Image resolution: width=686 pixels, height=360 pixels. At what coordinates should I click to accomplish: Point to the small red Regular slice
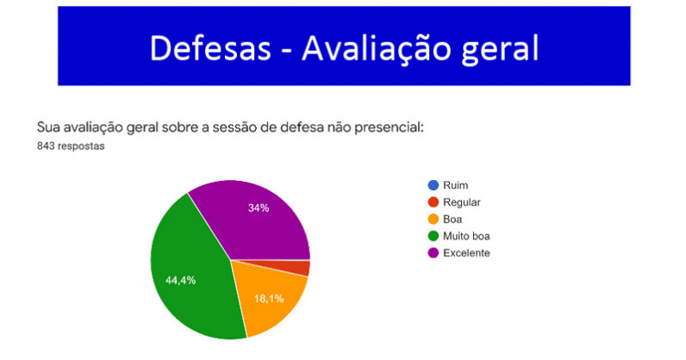(x=297, y=267)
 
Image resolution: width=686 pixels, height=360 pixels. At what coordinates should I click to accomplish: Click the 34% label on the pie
(x=259, y=208)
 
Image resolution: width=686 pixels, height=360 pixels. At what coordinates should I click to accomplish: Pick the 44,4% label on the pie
(x=181, y=281)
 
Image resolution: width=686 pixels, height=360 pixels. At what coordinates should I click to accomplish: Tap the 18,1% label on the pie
(x=269, y=299)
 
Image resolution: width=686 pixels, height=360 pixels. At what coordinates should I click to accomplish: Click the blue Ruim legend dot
(x=433, y=185)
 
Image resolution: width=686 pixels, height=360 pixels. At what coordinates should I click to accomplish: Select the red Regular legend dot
(x=433, y=202)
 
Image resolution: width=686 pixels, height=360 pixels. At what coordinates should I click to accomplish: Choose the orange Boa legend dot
(x=433, y=219)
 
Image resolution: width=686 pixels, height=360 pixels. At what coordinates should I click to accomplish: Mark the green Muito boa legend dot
(x=433, y=236)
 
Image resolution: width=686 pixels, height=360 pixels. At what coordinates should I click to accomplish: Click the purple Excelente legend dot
(x=433, y=253)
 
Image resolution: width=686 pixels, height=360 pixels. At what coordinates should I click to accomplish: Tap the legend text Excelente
(x=466, y=253)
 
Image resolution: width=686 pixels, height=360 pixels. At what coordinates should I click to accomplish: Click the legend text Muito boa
(x=466, y=236)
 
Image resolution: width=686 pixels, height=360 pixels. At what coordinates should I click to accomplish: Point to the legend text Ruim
(x=455, y=185)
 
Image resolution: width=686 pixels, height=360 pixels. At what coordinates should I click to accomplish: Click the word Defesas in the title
(x=210, y=47)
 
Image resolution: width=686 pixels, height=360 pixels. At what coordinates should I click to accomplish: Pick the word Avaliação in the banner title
(x=377, y=49)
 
